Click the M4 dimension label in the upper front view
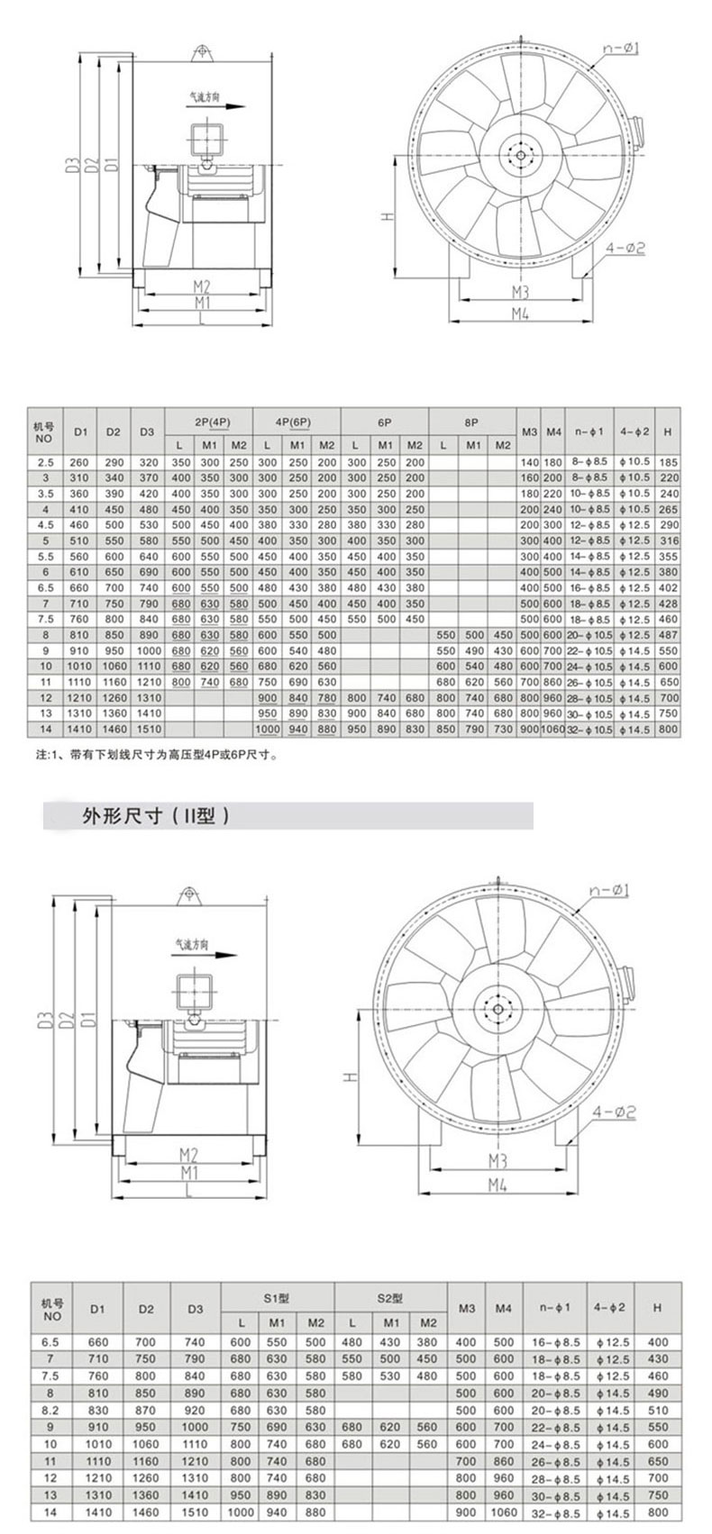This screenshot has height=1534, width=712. [x=520, y=313]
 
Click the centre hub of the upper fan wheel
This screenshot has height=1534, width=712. [x=518, y=154]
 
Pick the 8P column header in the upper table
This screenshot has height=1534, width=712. [x=472, y=422]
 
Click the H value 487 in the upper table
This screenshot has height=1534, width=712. [x=668, y=635]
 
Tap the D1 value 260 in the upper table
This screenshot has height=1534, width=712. [x=82, y=462]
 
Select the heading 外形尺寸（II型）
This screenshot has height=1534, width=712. [x=144, y=817]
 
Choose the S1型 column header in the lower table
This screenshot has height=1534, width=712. [x=277, y=1299]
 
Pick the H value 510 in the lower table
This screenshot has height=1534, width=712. [x=658, y=1410]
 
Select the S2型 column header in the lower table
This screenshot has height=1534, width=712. [x=390, y=1299]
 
